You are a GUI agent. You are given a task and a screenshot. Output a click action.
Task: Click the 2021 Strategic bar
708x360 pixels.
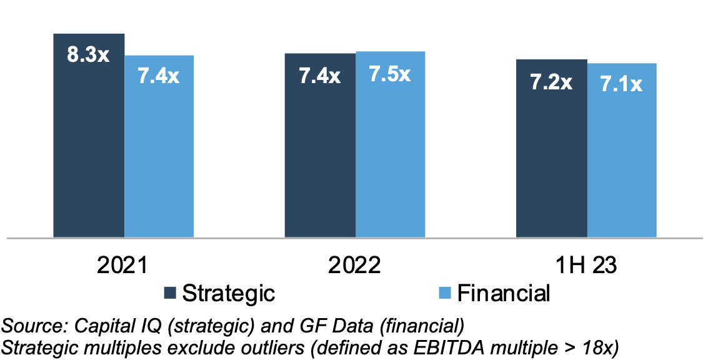click(89, 150)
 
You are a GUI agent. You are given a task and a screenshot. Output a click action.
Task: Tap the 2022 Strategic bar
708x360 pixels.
click(320, 156)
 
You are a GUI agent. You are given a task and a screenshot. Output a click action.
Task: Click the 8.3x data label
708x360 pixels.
click(89, 54)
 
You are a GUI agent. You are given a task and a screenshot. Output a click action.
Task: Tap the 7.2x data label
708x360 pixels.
click(551, 82)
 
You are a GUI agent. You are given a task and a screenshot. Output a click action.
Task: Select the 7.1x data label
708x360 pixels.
click(621, 84)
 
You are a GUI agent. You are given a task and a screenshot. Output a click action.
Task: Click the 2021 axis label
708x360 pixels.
click(122, 266)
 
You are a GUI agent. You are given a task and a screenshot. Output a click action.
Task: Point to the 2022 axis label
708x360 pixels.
click(355, 266)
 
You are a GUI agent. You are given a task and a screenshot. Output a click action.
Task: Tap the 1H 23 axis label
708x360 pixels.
click(586, 266)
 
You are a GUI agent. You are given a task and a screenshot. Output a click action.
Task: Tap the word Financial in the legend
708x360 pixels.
click(504, 292)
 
